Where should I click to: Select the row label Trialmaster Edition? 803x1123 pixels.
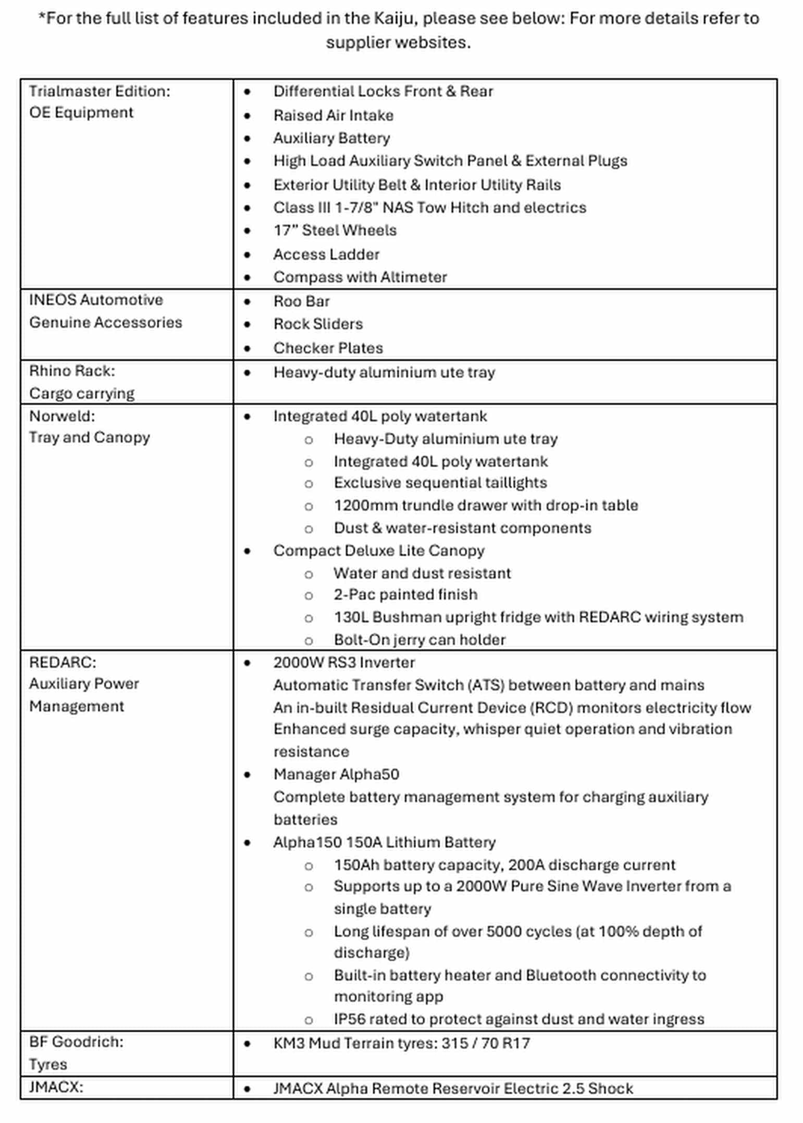100,91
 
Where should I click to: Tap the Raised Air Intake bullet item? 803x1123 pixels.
333,115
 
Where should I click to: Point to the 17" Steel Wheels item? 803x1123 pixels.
335,230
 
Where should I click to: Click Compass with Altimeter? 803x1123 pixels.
360,277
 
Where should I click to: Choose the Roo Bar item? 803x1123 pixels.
301,301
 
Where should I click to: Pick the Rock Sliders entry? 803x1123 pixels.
318,324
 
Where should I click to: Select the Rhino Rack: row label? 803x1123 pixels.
72,371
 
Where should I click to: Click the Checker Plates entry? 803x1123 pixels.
328,348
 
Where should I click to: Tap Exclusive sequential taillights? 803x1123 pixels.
440,483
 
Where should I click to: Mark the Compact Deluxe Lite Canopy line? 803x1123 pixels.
379,551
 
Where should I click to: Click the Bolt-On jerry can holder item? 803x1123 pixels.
419,640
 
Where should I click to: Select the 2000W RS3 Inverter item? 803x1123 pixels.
344,663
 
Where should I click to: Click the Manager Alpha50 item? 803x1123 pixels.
336,774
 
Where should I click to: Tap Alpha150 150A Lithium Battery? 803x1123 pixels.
384,843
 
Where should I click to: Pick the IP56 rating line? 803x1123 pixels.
518,1019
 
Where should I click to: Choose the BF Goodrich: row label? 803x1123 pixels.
76,1042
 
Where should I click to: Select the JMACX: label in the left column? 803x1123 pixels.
56,1087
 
